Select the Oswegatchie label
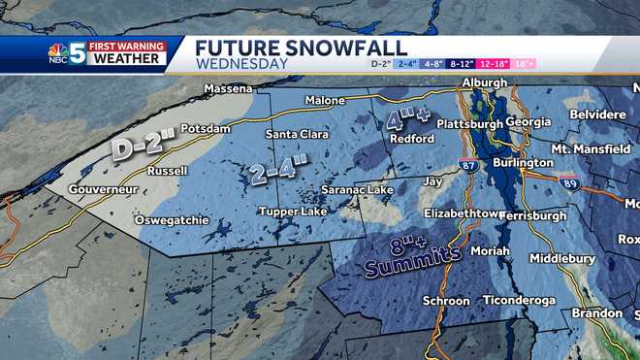[172, 220]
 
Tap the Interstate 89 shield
[570, 180]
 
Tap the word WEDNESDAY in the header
[241, 64]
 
